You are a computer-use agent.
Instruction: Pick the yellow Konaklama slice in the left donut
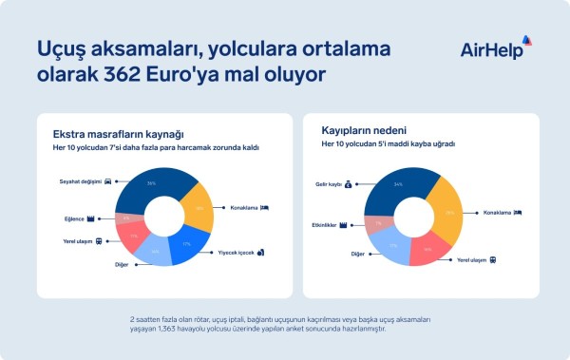198,207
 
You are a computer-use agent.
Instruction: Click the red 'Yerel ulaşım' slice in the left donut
132,237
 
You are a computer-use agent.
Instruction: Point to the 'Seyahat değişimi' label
79,180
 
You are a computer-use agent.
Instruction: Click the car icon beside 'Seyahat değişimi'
109,180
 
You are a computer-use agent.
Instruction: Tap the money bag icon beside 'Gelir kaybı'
349,184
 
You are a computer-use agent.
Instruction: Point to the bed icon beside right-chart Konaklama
518,212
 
